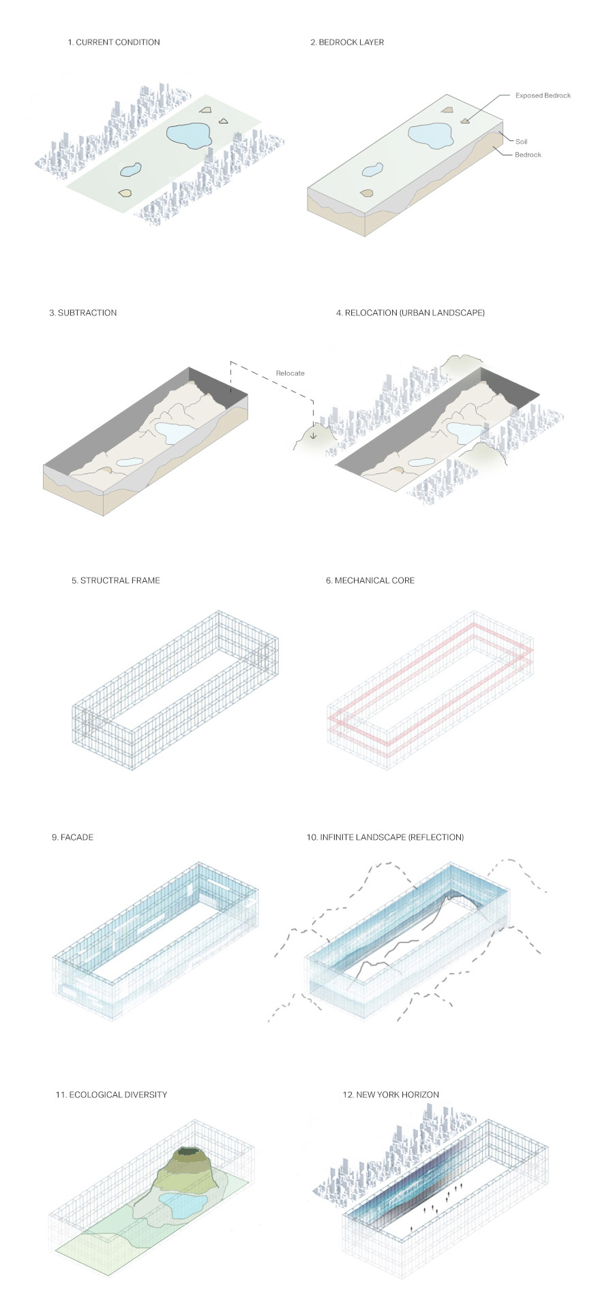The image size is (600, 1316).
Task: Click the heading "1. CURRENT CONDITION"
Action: [114, 42]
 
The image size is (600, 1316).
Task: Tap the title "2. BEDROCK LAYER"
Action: [347, 42]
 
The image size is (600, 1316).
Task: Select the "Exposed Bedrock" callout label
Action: [543, 95]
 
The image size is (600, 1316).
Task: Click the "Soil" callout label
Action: [521, 142]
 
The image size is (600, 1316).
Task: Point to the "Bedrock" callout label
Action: [528, 155]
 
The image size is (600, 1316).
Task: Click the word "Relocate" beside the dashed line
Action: [290, 373]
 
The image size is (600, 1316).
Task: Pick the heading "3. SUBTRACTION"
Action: [83, 313]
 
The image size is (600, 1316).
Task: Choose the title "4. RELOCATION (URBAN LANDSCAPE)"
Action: [410, 313]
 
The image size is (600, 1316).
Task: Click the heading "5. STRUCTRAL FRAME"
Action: [116, 580]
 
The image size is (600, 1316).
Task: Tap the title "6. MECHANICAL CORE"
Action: [370, 580]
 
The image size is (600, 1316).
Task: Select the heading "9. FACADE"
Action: [72, 837]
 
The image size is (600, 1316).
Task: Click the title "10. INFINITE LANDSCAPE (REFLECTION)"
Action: [385, 837]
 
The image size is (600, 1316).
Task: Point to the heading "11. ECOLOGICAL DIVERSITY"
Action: [111, 1095]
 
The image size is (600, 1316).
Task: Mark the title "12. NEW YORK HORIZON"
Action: [391, 1095]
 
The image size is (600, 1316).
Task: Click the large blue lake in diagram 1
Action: [189, 135]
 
